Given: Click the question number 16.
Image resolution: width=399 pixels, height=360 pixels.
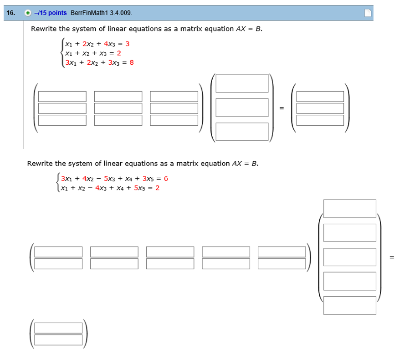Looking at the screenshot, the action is [x=10, y=13].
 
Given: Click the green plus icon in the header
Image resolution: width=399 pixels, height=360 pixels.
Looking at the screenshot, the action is [x=28, y=13].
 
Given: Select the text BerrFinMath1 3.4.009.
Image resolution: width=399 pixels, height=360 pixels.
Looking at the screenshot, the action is [x=102, y=13].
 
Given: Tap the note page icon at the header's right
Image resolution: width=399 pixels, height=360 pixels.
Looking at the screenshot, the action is [x=368, y=13].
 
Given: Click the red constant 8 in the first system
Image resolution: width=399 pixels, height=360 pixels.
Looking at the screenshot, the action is [x=132, y=62].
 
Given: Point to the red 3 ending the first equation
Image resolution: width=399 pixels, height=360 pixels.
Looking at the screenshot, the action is [x=128, y=44].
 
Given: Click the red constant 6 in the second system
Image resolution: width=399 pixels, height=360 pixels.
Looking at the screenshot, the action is [x=166, y=179].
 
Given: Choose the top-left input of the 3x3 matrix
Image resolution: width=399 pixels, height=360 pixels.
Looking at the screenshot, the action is [x=62, y=96].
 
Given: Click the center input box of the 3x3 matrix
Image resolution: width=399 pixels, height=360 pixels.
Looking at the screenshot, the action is [x=118, y=108].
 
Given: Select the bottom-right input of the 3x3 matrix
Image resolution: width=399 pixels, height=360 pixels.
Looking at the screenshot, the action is [x=174, y=120].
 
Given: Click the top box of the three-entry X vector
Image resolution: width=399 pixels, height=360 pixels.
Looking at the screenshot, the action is [x=242, y=83].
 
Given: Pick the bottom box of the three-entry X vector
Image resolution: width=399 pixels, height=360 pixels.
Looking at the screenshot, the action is [x=242, y=132].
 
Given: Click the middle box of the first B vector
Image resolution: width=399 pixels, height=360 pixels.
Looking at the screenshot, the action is [x=320, y=108].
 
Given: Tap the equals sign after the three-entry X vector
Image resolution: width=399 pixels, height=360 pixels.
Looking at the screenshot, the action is [x=281, y=108].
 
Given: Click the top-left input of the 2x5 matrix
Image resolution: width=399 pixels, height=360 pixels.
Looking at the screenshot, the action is [x=58, y=252].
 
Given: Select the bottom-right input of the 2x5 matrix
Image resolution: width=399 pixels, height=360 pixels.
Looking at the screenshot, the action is [x=281, y=263].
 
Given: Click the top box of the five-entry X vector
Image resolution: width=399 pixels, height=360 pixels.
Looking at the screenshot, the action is [x=350, y=209].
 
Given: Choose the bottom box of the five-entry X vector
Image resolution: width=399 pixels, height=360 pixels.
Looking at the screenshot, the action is [x=350, y=305].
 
